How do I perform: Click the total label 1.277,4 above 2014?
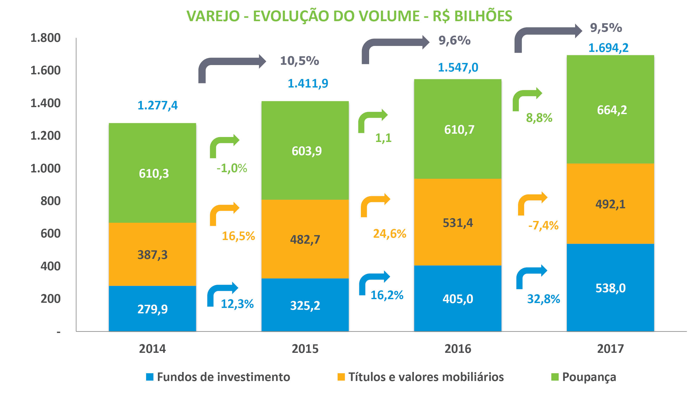tap(157, 106)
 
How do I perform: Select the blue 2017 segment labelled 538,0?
tap(610, 288)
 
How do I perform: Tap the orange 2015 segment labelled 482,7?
tap(305, 239)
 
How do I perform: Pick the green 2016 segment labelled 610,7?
tap(458, 129)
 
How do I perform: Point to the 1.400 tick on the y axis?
tap(45, 103)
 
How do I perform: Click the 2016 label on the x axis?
tap(458, 349)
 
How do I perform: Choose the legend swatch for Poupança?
tap(555, 377)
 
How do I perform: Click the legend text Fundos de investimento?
tap(223, 377)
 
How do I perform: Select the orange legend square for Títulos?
tap(341, 377)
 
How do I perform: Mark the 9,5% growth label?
tap(606, 28)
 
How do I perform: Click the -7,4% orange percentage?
tap(543, 226)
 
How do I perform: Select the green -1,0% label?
tap(232, 168)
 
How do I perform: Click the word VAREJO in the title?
tap(213, 16)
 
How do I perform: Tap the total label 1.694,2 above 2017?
tap(608, 48)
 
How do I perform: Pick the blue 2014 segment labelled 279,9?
tap(152, 309)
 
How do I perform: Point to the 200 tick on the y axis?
tap(51, 299)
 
